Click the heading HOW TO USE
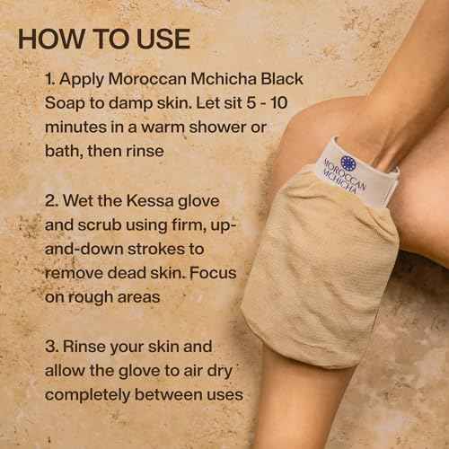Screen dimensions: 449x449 104,40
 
